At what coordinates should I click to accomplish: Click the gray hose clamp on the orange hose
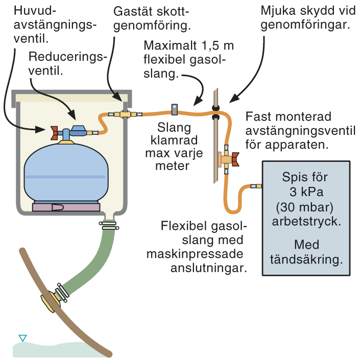pos(174,109)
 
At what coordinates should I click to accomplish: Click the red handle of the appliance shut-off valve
pos(234,160)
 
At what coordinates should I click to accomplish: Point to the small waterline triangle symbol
pos(22,338)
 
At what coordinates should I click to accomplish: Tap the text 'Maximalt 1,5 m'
pos(188,45)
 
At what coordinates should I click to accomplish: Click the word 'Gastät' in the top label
pos(130,11)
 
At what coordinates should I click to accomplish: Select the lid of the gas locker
pos(71,95)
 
